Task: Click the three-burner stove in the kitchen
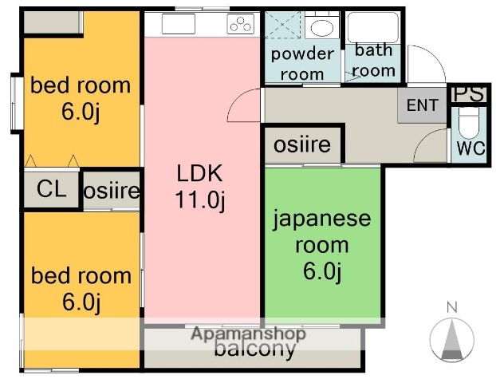pyautogui.click(x=239, y=26)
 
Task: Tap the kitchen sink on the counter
pyautogui.click(x=179, y=24)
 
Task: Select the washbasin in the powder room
pyautogui.click(x=321, y=29)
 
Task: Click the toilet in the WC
pyautogui.click(x=467, y=125)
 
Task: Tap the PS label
pyautogui.click(x=468, y=94)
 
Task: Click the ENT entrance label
pyautogui.click(x=422, y=105)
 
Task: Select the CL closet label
pyautogui.click(x=51, y=189)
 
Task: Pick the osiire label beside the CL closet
pyautogui.click(x=112, y=191)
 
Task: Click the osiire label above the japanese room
pyautogui.click(x=302, y=145)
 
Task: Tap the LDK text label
pyautogui.click(x=200, y=173)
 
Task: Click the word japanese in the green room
pyautogui.click(x=322, y=218)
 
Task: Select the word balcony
pyautogui.click(x=255, y=349)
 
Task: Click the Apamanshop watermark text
pyautogui.click(x=248, y=334)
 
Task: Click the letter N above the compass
pyautogui.click(x=451, y=306)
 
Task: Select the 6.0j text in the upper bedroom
pyautogui.click(x=80, y=111)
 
